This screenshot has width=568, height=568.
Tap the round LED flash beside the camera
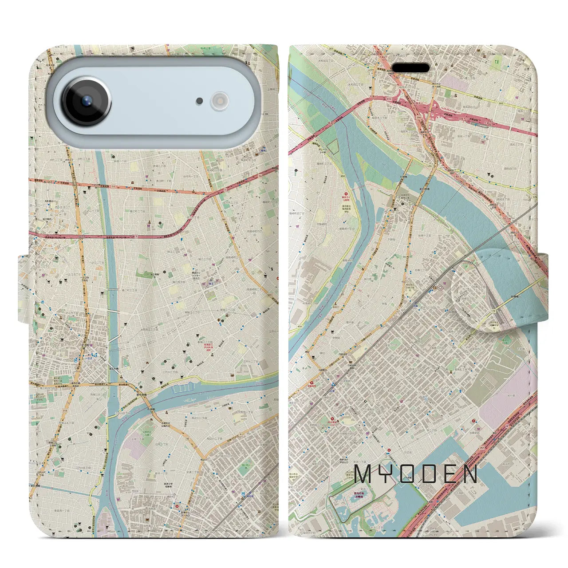tap(219, 101)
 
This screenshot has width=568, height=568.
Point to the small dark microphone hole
tap(200, 101)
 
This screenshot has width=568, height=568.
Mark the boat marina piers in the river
tap(182, 390)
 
